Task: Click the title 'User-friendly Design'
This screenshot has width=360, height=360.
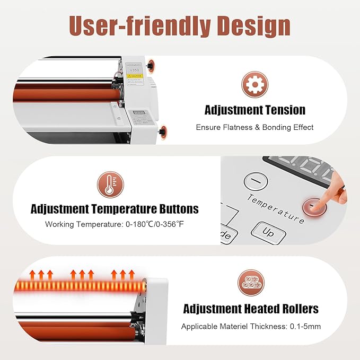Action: [180, 25]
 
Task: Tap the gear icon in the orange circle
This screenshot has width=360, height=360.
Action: [255, 85]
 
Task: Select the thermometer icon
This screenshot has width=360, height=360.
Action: [110, 184]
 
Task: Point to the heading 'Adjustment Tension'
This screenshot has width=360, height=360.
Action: [255, 110]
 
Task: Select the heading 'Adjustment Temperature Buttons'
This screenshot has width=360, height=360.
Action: [115, 209]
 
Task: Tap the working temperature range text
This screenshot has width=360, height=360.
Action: [115, 224]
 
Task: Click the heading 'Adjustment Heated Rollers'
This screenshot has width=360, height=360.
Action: [251, 309]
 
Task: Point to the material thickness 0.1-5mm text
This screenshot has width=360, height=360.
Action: [251, 326]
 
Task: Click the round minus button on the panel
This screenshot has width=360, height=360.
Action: [256, 182]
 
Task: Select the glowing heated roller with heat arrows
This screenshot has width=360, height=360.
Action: [80, 287]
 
